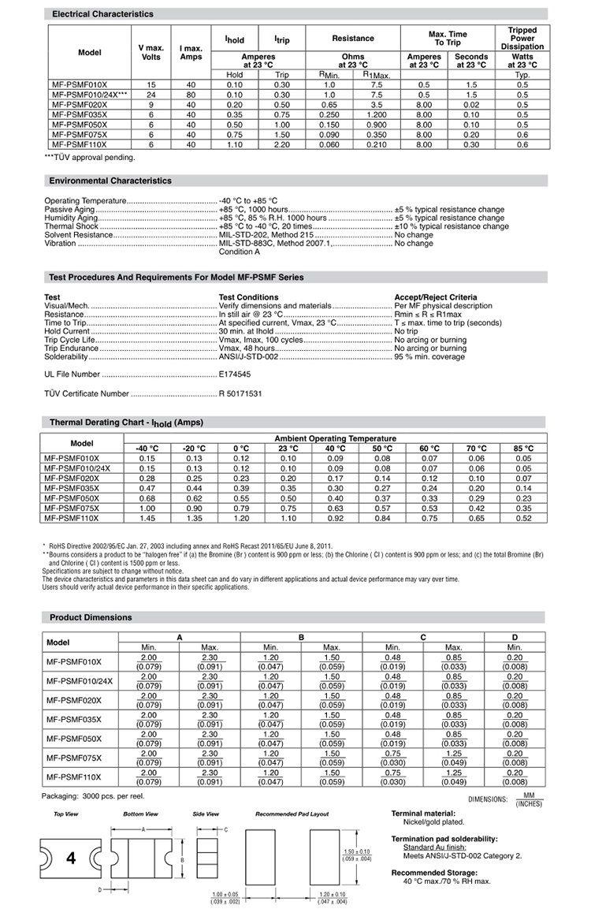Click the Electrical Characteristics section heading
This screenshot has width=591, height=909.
pos(102,14)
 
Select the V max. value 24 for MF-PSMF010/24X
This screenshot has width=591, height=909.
pos(151,95)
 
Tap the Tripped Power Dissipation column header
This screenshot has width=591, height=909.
pos(522,39)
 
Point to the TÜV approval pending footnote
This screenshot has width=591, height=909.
pos(90,157)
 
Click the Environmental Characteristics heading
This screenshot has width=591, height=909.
pos(110,181)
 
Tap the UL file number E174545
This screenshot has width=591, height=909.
pos(235,374)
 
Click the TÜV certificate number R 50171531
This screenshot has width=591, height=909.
pos(240,393)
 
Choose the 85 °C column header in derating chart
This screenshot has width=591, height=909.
pos(523,449)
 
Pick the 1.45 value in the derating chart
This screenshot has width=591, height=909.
pos(147,519)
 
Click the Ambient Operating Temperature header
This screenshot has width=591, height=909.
pos(335,438)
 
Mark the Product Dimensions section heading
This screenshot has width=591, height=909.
pos(91,617)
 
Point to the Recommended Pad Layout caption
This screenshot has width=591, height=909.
pos(292,814)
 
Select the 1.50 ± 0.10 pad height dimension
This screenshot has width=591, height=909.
pos(356,851)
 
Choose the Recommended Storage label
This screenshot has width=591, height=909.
pos(434,873)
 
